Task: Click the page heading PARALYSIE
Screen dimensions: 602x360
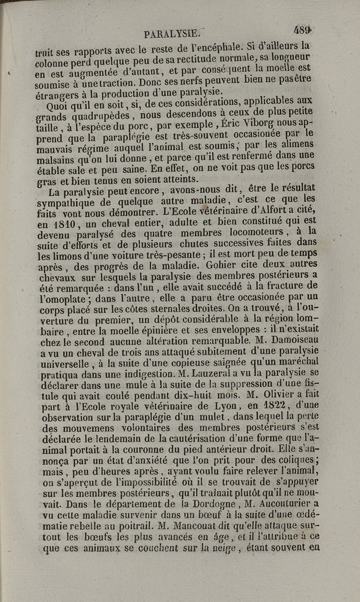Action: [171, 34]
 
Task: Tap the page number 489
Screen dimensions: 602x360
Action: [302, 30]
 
